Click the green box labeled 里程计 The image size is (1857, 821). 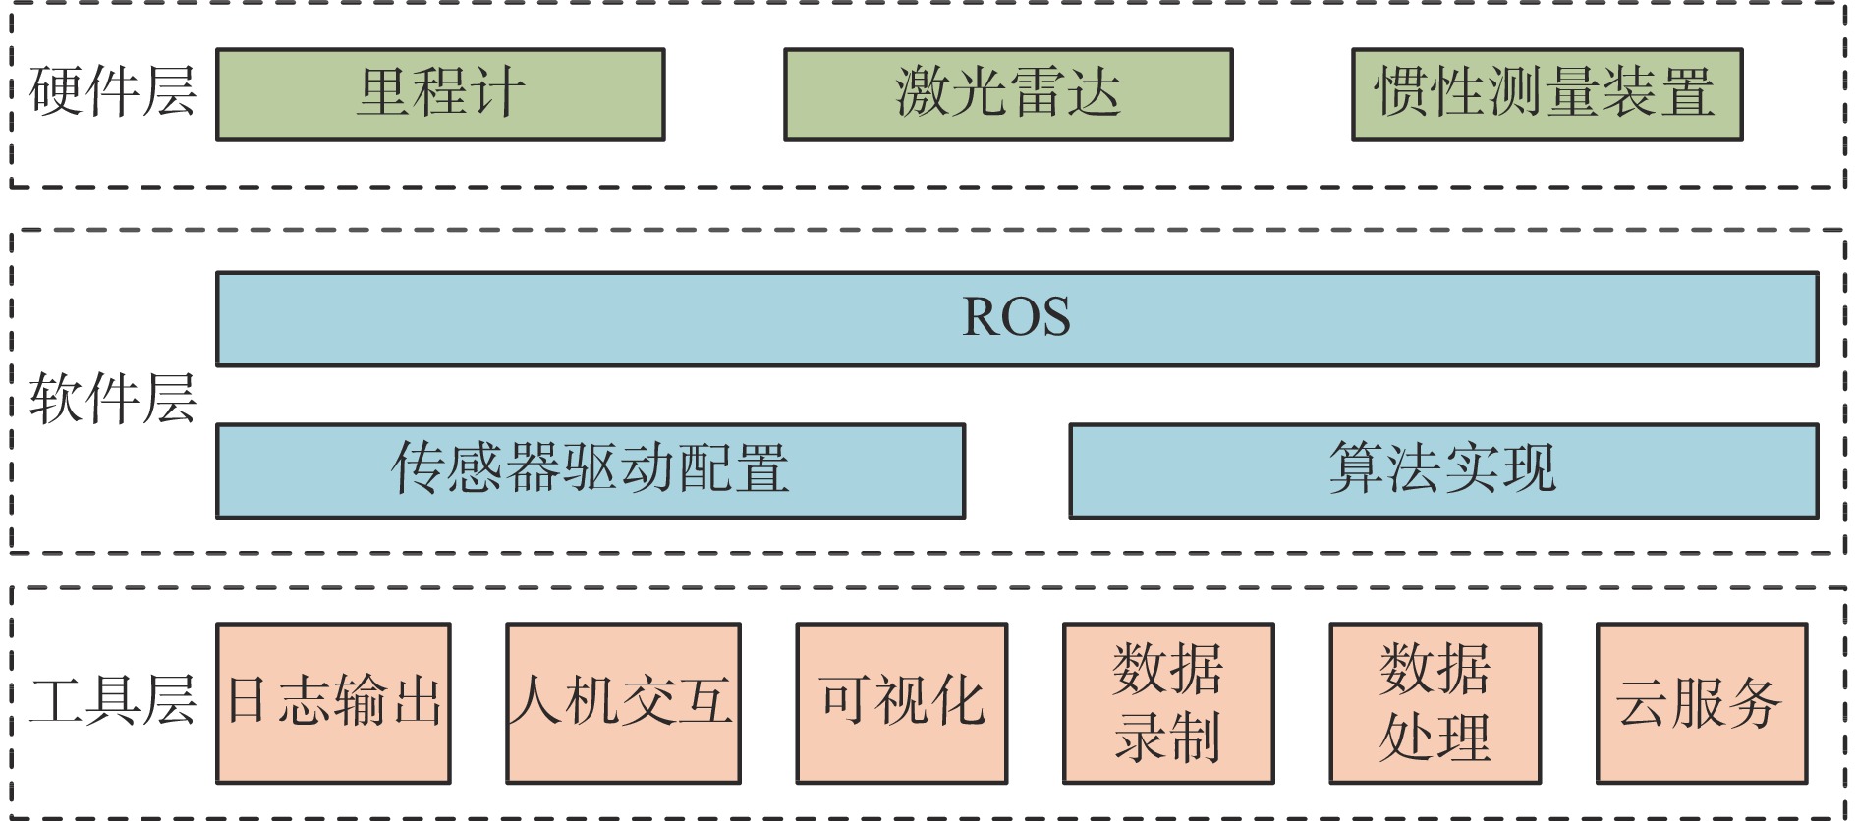click(x=440, y=94)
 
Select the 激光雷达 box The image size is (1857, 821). click(x=1008, y=94)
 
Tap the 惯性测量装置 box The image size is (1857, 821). click(x=1547, y=94)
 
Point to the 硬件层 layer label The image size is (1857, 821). click(x=112, y=92)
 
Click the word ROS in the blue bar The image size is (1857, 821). click(x=1016, y=317)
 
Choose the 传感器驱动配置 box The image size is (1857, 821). click(x=591, y=470)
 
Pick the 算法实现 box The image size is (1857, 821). click(x=1443, y=470)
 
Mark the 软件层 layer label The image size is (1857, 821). click(x=112, y=399)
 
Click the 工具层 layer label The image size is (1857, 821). click(x=112, y=701)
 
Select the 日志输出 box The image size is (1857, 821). click(x=333, y=702)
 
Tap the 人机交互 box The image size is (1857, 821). click(x=623, y=702)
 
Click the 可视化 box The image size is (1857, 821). click(x=902, y=702)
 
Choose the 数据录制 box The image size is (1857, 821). click(x=1168, y=702)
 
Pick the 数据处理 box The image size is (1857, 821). click(x=1435, y=702)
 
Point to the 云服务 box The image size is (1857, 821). click(x=1701, y=702)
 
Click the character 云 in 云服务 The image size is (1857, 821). click(x=1645, y=703)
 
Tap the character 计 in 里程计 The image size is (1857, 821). click(x=497, y=93)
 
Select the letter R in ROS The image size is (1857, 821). click(x=981, y=317)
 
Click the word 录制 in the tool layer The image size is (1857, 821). click(x=1168, y=738)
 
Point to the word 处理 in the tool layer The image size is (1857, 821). click(x=1435, y=738)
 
